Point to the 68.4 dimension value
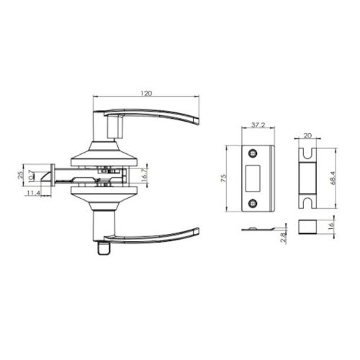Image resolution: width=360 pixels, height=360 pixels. pyautogui.click(x=331, y=177)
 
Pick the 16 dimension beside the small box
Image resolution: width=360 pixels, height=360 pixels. pyautogui.click(x=331, y=226)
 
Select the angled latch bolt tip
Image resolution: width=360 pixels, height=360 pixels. pyautogui.click(x=45, y=175)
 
